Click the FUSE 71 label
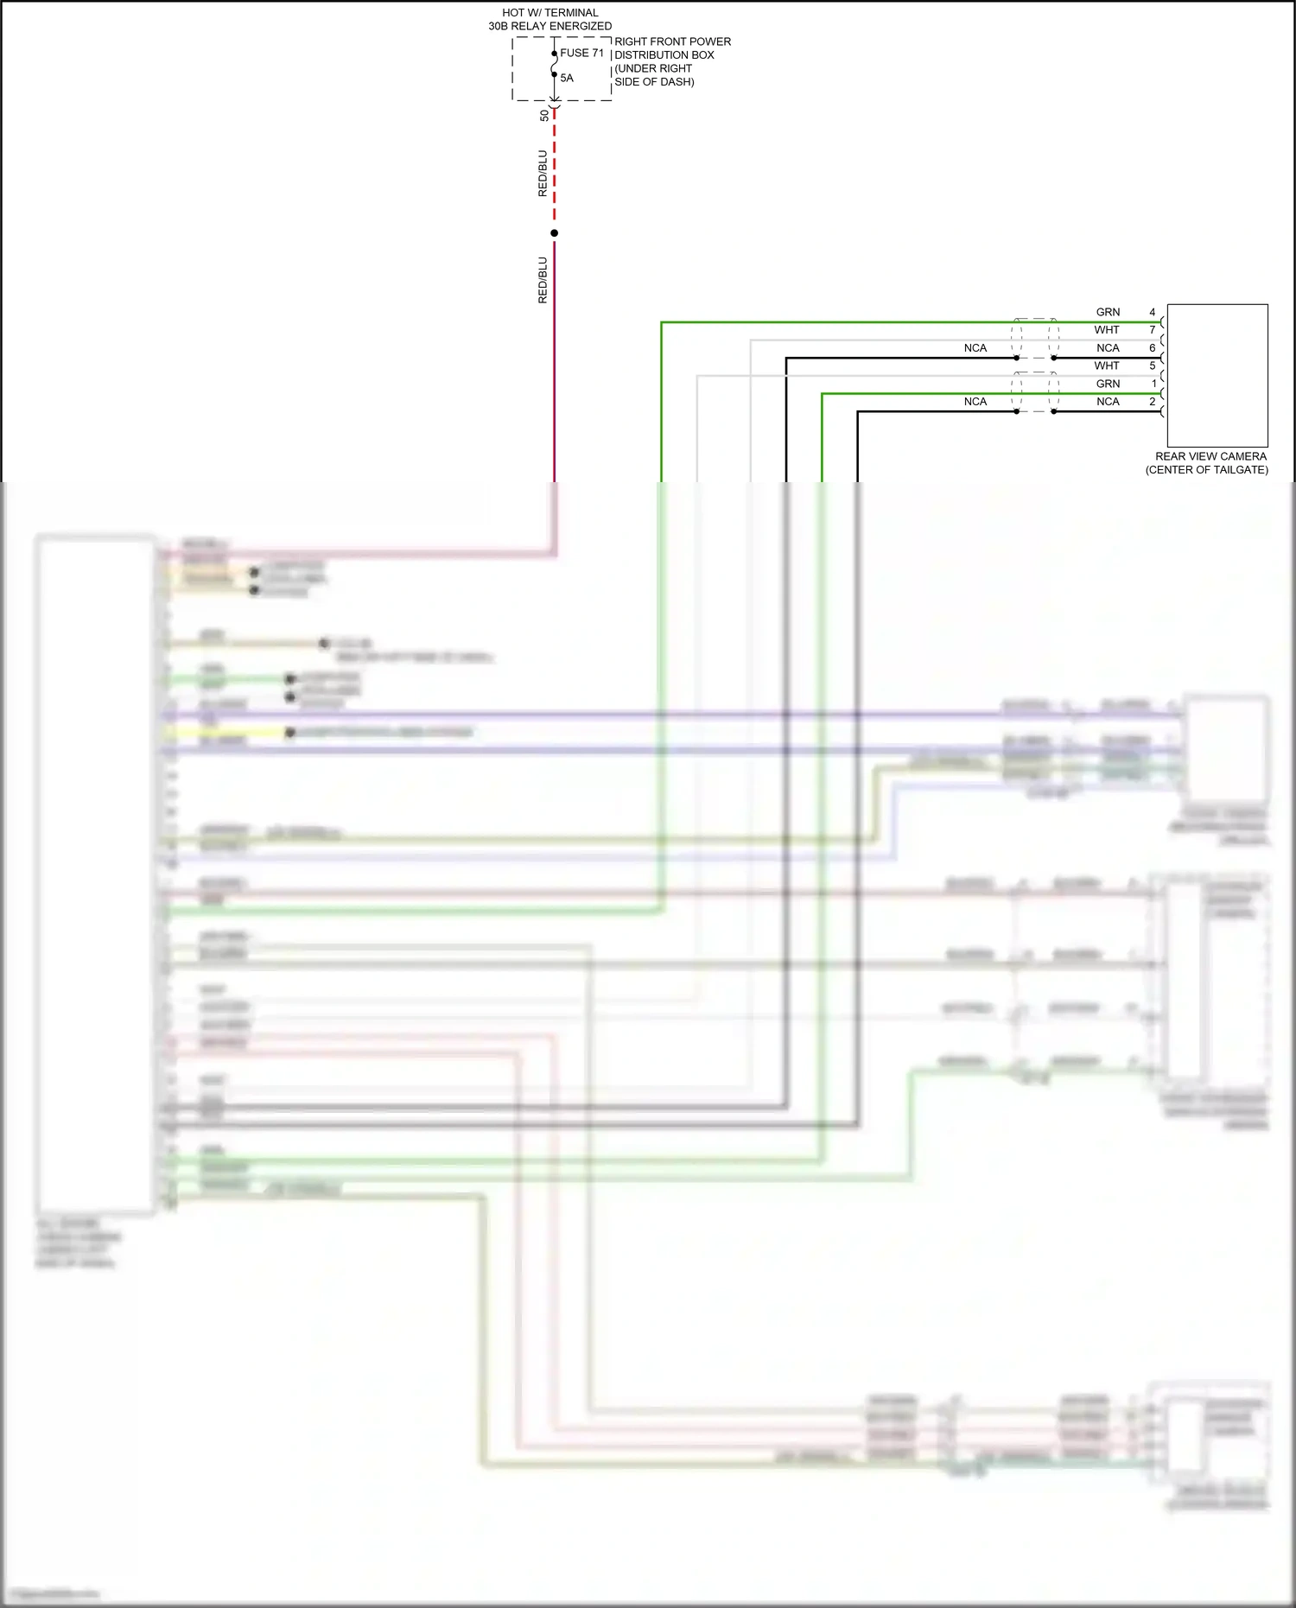(581, 53)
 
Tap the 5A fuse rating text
(567, 78)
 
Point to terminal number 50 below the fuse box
(543, 115)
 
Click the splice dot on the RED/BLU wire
(555, 233)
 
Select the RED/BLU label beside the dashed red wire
(543, 174)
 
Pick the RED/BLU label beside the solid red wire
(543, 280)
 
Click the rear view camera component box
(1217, 375)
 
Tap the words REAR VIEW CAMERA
(1210, 456)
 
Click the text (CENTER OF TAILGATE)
(1207, 470)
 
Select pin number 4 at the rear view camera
(1152, 312)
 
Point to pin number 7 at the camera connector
(1152, 330)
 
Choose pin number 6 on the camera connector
(1152, 348)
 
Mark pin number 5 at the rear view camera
(1152, 365)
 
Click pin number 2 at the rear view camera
(1152, 402)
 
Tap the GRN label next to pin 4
(1108, 312)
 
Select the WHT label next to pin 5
(1107, 365)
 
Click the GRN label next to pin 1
(1108, 384)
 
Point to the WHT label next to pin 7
(1107, 330)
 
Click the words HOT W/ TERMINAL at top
(550, 13)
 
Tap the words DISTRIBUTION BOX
(664, 55)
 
